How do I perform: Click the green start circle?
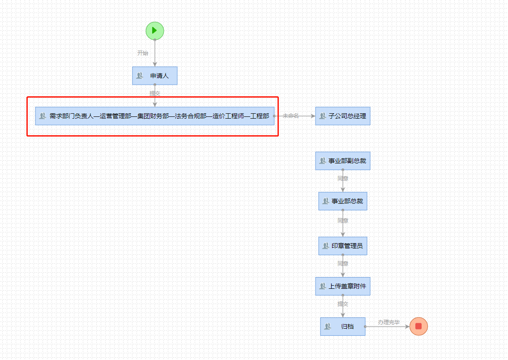(x=155, y=30)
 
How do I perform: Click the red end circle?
(x=418, y=326)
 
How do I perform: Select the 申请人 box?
(x=155, y=76)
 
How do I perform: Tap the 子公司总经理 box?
(x=343, y=116)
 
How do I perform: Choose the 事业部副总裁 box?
(x=343, y=161)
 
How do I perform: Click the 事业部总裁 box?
(x=343, y=201)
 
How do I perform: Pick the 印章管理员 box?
(x=343, y=246)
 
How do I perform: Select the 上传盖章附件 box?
(x=343, y=286)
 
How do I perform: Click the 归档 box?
(x=343, y=326)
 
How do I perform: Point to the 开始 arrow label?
(x=142, y=53)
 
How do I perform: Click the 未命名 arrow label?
(x=290, y=116)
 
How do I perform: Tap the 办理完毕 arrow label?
(x=388, y=322)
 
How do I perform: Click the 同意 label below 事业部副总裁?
(x=343, y=179)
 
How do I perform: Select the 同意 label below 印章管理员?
(x=343, y=264)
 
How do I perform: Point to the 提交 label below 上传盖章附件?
(x=343, y=304)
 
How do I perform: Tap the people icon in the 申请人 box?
(x=140, y=76)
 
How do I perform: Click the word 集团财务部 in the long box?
(x=153, y=116)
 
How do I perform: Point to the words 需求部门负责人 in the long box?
(x=71, y=116)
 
